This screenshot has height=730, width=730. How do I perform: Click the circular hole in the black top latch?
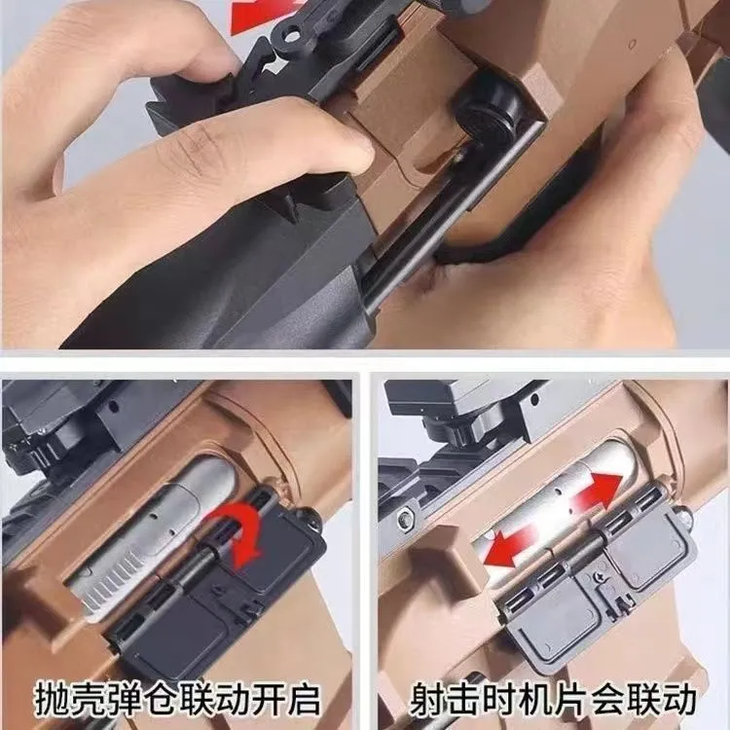pos(291,36)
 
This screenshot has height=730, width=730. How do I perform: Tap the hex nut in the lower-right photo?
pos(405,519)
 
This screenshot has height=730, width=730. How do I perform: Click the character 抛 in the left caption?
pos(53,698)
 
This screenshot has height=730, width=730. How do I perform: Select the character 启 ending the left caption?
pos(302,698)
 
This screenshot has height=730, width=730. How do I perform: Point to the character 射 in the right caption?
pos(429,698)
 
